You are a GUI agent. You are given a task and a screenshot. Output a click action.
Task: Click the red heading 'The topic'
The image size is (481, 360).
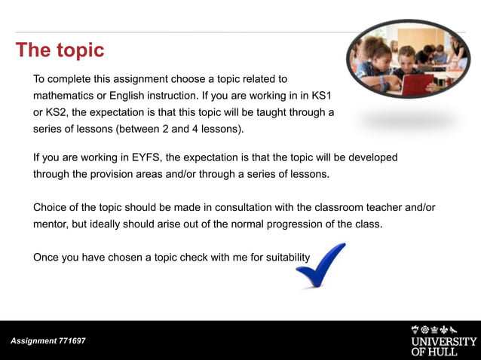pyautogui.click(x=60, y=50)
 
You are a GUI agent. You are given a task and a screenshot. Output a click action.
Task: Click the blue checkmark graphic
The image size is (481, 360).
pyautogui.click(x=320, y=265)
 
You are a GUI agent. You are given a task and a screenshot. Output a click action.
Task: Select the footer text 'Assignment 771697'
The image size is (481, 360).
pyautogui.click(x=48, y=341)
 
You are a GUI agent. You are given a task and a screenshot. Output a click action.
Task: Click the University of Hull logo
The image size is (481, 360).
pyautogui.click(x=443, y=340)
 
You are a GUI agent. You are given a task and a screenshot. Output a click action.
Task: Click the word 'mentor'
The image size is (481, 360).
pyautogui.click(x=51, y=224)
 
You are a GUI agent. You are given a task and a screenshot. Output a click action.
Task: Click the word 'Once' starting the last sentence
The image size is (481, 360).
pyautogui.click(x=46, y=257)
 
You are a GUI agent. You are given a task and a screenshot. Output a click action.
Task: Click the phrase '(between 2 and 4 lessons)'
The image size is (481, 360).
pyautogui.click(x=181, y=129)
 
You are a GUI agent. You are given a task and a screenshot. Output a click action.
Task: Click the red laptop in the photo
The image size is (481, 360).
pyautogui.click(x=417, y=82)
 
